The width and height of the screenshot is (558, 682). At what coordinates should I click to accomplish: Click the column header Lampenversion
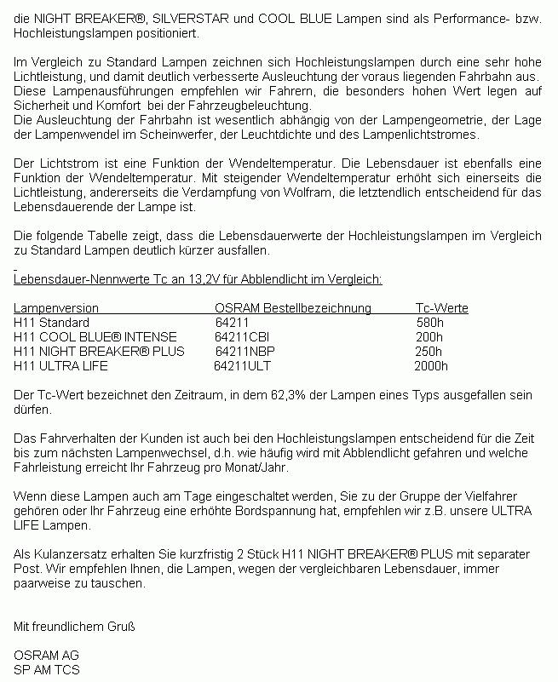(56, 308)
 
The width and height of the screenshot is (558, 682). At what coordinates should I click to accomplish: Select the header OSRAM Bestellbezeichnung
(293, 308)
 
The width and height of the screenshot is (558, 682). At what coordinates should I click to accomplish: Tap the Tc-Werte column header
(441, 308)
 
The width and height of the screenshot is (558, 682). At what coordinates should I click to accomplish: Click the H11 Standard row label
(51, 323)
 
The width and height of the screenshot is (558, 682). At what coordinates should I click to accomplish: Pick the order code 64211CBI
(242, 337)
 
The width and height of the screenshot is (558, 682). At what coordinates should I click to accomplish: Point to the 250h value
(429, 351)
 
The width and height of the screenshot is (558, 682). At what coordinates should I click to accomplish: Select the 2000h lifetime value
(430, 365)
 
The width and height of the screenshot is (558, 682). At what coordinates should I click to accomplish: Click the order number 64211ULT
(242, 365)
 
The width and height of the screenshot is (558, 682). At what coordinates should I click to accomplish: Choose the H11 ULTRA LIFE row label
(61, 365)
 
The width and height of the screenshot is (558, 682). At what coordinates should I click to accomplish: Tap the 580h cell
(429, 323)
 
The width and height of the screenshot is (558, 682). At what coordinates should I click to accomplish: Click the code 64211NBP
(245, 351)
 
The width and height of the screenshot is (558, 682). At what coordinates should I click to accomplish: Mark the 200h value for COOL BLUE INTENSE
(429, 337)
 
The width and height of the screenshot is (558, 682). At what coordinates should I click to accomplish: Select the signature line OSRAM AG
(47, 656)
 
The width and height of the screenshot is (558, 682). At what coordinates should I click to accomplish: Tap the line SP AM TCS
(47, 670)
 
